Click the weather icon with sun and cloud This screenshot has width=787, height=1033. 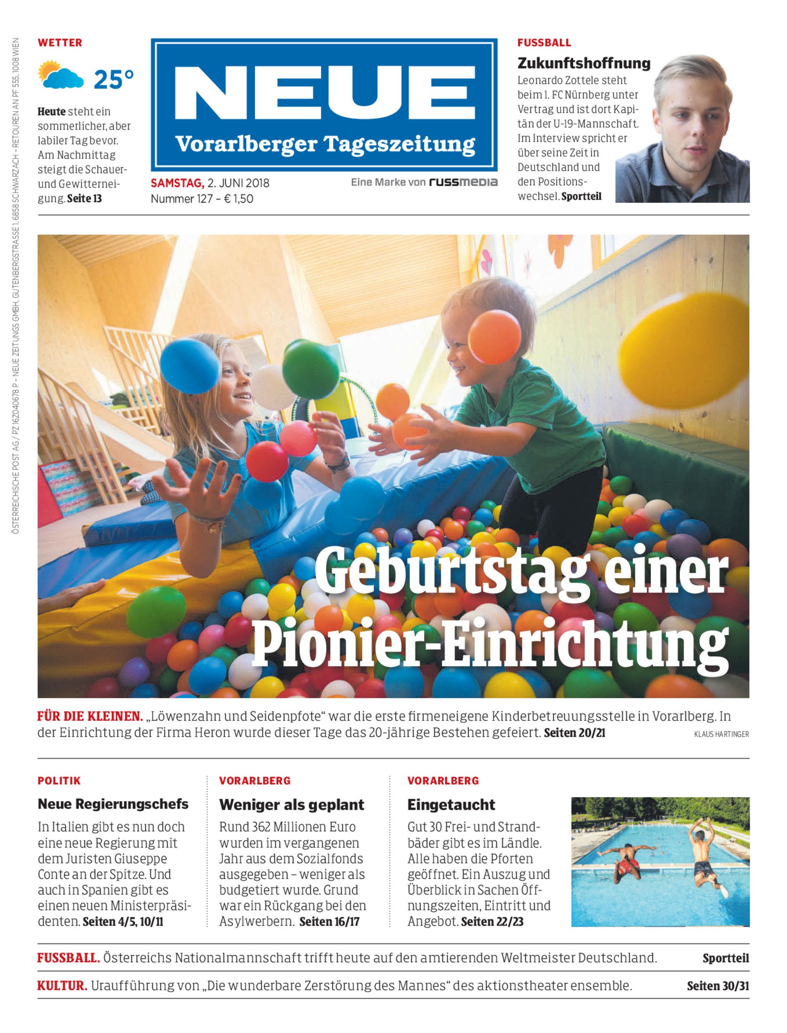pos(60,75)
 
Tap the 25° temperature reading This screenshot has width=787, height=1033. pos(113,79)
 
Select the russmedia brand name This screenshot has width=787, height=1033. pos(463,182)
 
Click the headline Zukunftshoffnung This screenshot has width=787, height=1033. pos(584,63)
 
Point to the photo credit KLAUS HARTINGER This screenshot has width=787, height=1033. pos(721,735)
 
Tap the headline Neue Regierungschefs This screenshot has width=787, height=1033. pos(113,804)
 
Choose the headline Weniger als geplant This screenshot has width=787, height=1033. pos(291,805)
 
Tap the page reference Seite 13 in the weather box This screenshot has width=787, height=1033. pos(84,199)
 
